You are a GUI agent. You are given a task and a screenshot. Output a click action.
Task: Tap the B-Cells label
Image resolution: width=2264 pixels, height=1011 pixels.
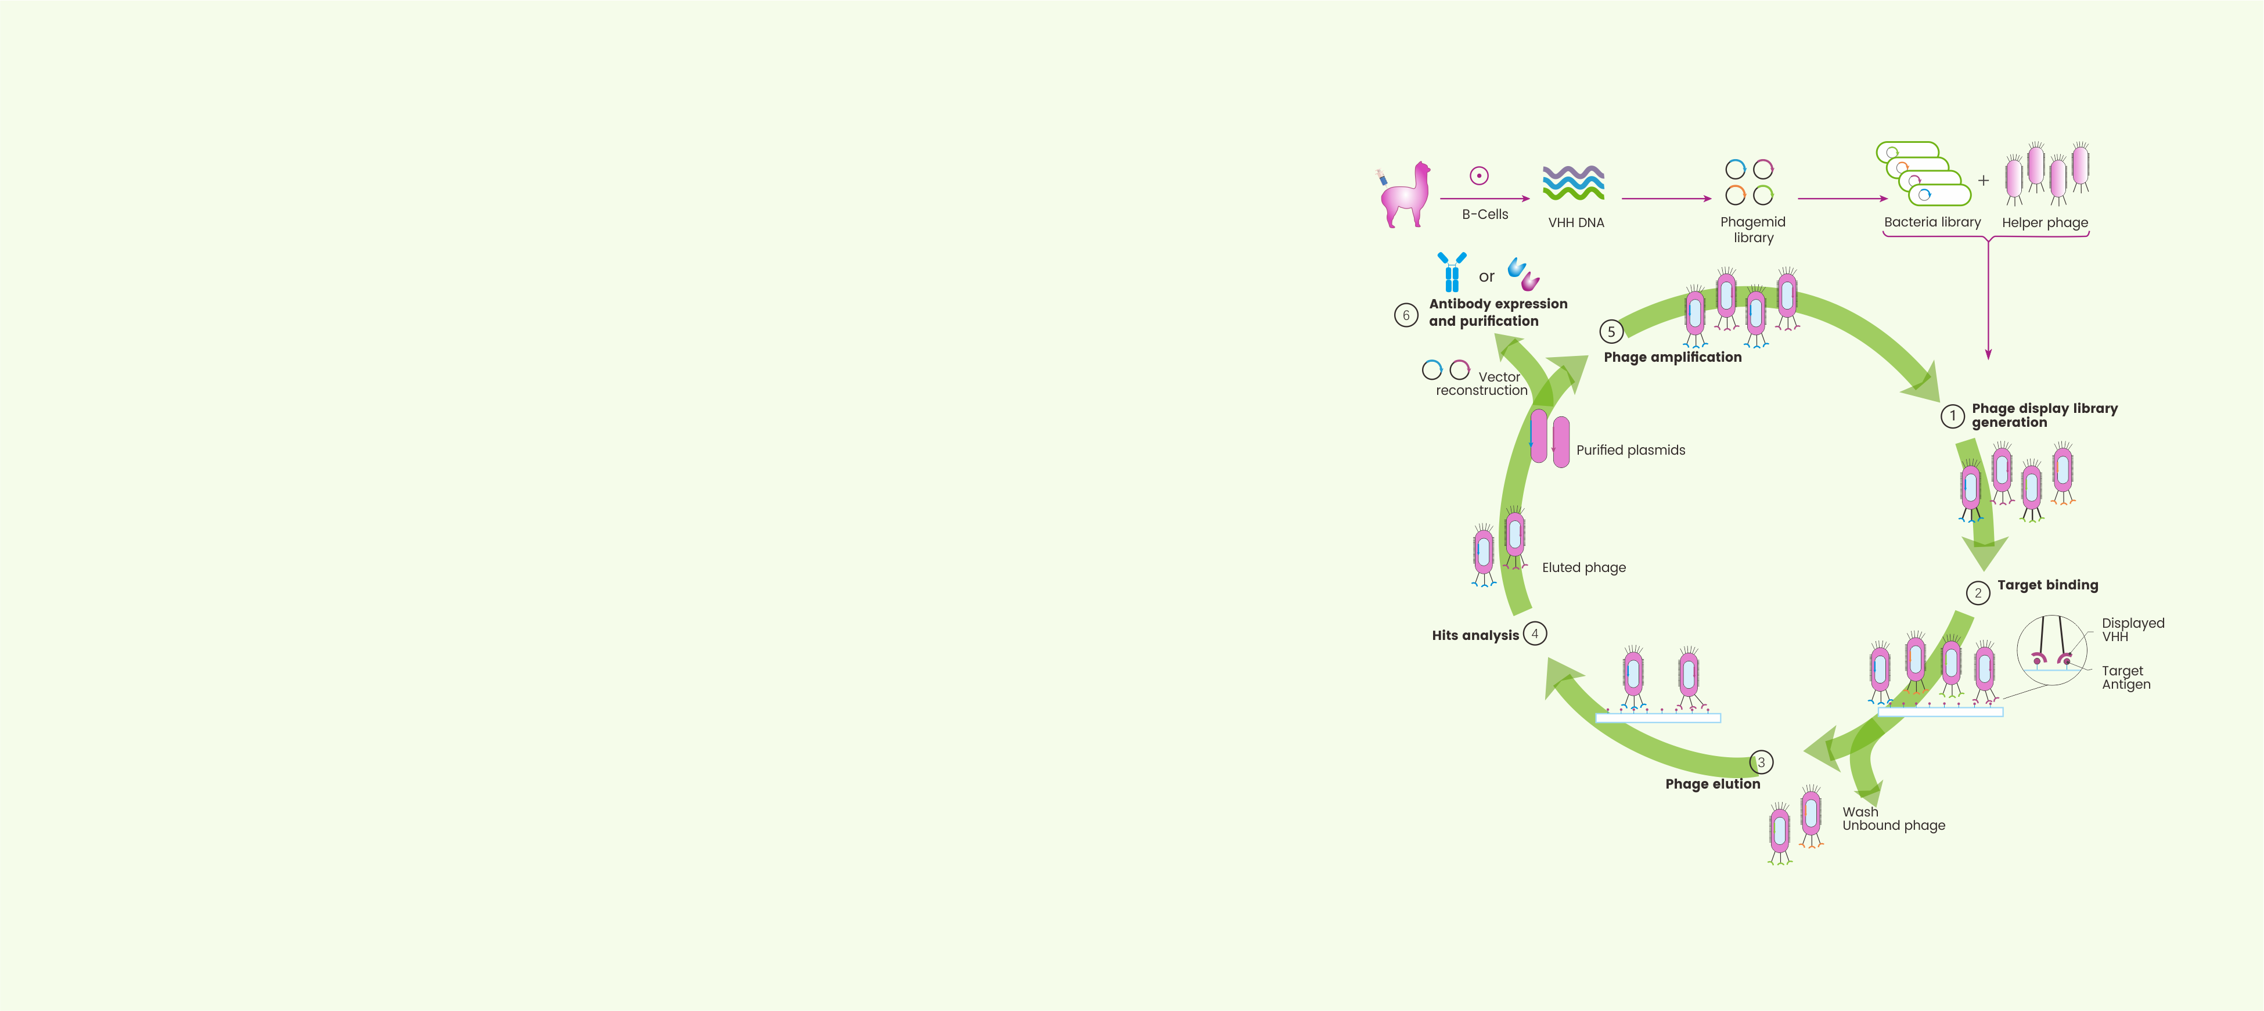pos(1484,214)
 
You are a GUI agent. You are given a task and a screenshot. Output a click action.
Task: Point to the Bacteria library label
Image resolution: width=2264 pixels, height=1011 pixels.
pos(1932,222)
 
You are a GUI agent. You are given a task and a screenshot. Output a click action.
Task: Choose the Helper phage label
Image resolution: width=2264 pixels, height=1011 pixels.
pos(2045,224)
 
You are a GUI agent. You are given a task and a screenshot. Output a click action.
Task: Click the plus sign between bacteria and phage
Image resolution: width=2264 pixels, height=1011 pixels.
pos(1984,181)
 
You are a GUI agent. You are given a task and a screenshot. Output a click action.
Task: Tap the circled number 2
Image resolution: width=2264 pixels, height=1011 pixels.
pos(1978,593)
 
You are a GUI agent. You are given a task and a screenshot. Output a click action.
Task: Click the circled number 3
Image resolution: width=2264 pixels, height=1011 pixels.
pos(1761,762)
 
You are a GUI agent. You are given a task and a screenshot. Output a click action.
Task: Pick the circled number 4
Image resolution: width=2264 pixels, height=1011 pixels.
pos(1535,634)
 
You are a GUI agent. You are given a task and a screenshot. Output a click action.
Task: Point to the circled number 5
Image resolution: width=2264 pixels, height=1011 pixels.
pos(1610,332)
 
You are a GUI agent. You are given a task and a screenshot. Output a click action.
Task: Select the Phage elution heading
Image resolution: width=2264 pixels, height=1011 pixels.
pos(1712,784)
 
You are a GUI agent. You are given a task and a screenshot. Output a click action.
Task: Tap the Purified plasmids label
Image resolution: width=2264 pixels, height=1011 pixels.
pos(1630,450)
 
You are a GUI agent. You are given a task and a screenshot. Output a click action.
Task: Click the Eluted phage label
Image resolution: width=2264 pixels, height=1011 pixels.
pos(1583,568)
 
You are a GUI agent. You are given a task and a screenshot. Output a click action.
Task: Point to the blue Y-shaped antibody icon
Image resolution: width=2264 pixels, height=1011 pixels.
pos(1452,272)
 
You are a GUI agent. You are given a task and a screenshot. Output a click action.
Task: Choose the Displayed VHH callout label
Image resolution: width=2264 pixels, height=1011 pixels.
pos(2132,629)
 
